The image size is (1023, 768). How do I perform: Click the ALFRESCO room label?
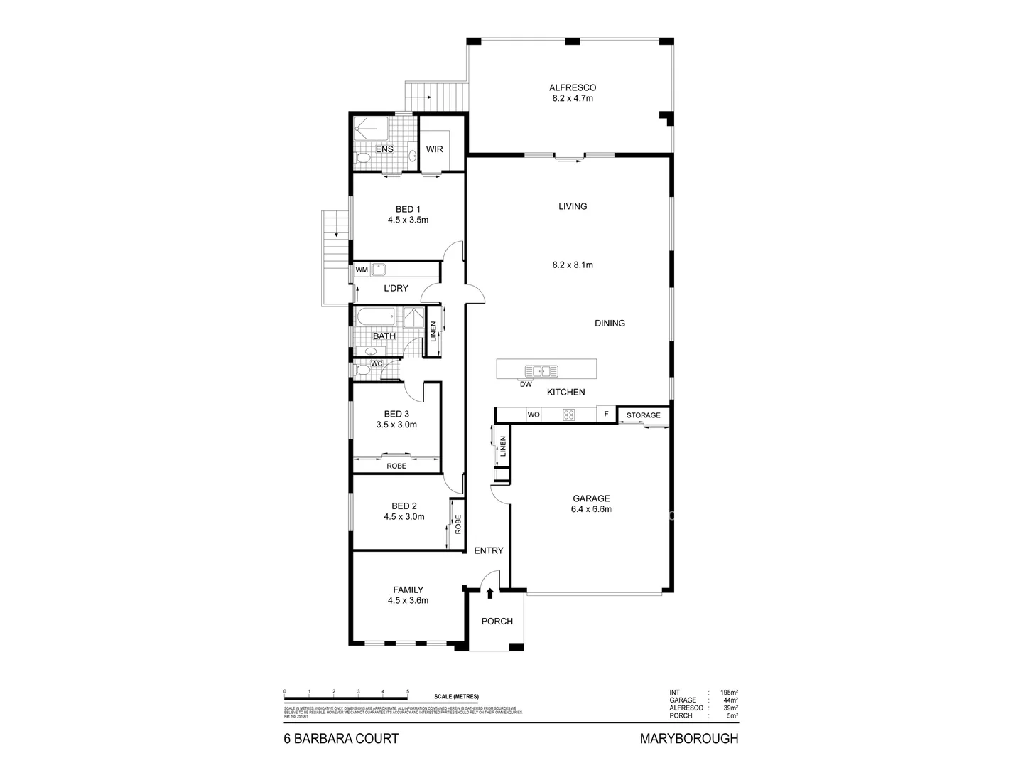pos(572,87)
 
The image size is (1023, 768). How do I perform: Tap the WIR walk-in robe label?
pos(434,149)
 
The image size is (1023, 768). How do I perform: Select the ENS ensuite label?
pos(384,149)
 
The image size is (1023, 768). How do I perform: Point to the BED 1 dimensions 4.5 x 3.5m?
pos(408,220)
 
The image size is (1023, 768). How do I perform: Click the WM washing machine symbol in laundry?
pos(362,270)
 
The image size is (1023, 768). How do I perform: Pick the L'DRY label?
pos(396,289)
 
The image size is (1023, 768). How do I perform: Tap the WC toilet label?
pos(377,364)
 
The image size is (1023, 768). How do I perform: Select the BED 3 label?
pos(396,414)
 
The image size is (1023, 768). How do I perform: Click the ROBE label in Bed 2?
pos(458,525)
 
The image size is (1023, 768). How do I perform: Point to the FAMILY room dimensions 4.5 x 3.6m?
pos(408,600)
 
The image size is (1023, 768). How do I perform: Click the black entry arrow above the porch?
pos(489,592)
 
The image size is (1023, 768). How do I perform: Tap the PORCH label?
pos(497,622)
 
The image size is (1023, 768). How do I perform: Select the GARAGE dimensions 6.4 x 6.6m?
pos(592,509)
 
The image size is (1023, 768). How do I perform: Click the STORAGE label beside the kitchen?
pos(643,415)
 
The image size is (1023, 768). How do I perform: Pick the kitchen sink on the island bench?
pos(541,370)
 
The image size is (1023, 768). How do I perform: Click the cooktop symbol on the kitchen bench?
pos(568,415)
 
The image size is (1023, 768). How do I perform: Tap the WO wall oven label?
pos(533,415)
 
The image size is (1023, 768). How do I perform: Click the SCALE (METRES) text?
pos(456,696)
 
